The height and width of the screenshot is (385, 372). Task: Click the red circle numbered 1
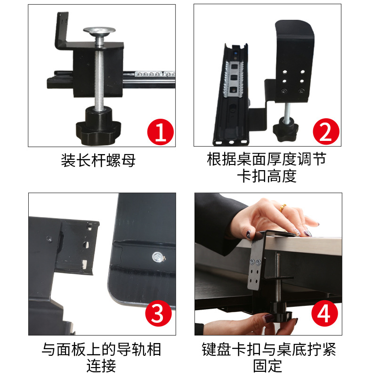(x=161, y=132)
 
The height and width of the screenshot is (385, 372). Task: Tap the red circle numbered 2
(x=326, y=131)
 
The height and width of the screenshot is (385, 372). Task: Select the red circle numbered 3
(x=158, y=313)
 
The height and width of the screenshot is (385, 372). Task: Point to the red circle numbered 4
(x=324, y=313)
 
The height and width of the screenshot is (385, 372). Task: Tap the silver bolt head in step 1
(x=99, y=31)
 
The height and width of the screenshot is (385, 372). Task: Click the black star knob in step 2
(x=286, y=129)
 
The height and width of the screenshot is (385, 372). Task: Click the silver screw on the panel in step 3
(x=157, y=258)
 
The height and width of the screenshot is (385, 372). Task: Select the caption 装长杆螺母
(x=98, y=160)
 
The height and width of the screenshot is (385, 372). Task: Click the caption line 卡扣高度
(x=267, y=176)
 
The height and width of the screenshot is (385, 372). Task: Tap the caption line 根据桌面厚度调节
(x=267, y=159)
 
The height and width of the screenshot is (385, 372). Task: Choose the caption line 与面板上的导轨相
(x=101, y=349)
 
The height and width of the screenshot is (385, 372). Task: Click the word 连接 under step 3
(x=101, y=366)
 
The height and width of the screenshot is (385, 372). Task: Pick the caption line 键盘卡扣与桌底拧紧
(x=269, y=349)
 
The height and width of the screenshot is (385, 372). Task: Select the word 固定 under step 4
(x=268, y=366)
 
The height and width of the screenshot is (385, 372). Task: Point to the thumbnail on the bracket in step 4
(x=249, y=235)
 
